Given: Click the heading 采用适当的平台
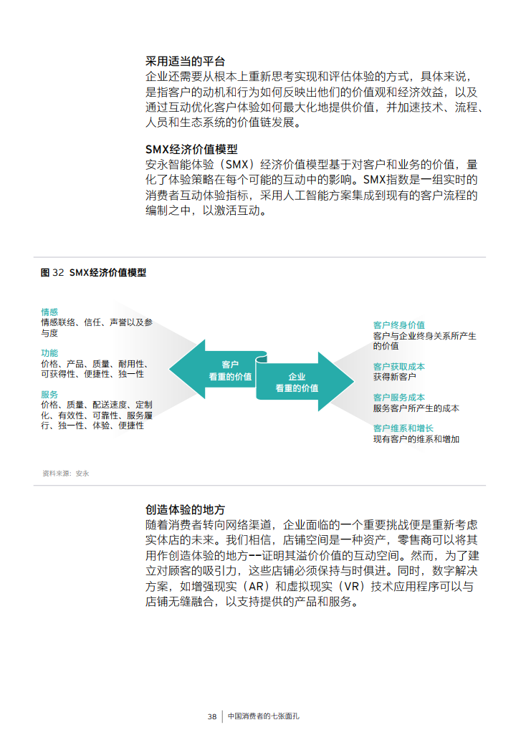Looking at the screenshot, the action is pyautogui.click(x=186, y=62).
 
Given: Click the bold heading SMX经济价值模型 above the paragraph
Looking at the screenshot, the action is pyautogui.click(x=191, y=150).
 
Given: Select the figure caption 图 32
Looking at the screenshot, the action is pyautogui.click(x=52, y=273).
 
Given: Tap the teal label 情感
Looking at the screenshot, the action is pyautogui.click(x=49, y=312).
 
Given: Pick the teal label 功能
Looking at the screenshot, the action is pyautogui.click(x=49, y=353).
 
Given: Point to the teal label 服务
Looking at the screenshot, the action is pyautogui.click(x=49, y=395).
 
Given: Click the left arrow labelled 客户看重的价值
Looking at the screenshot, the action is pyautogui.click(x=219, y=370).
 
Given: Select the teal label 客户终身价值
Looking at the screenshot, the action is pyautogui.click(x=399, y=325).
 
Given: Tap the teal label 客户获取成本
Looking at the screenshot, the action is pyautogui.click(x=399, y=366).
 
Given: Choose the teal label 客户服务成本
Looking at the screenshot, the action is pyautogui.click(x=399, y=397).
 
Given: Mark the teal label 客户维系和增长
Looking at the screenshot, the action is pyautogui.click(x=403, y=428).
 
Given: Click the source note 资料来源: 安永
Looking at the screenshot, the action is pyautogui.click(x=65, y=474).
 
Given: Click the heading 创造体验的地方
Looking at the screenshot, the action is pyautogui.click(x=186, y=510).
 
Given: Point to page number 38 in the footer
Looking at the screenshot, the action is pyautogui.click(x=212, y=716).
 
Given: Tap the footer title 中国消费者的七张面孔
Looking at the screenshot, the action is pyautogui.click(x=264, y=716).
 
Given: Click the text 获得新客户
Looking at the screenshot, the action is pyautogui.click(x=395, y=377).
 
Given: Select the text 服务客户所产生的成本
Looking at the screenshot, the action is pyautogui.click(x=416, y=408).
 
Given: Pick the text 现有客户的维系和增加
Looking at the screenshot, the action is pyautogui.click(x=416, y=439).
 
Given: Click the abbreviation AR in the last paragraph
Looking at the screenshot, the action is pyautogui.click(x=257, y=586).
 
